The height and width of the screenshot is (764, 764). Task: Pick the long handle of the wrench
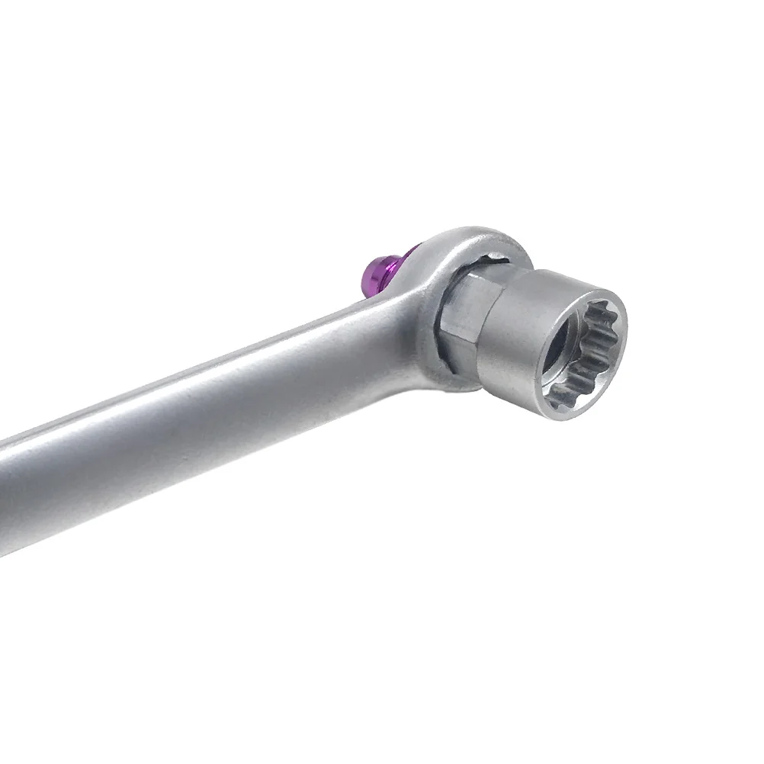coord(191,427)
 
